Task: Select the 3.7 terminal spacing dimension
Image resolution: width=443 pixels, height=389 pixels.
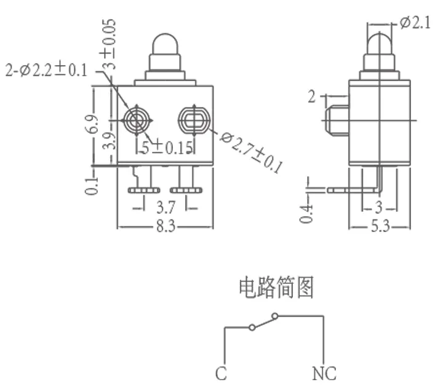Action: point(164,206)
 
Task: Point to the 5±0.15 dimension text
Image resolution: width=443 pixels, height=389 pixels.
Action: point(167,147)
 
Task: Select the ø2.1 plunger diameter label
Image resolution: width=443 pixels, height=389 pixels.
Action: point(415,23)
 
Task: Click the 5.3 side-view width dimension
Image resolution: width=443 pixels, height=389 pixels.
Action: point(380,227)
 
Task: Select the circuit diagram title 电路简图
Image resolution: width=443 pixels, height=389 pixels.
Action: point(276,287)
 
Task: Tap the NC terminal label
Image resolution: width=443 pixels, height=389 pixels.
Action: point(324,373)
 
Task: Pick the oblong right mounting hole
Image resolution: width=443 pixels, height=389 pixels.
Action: point(194,119)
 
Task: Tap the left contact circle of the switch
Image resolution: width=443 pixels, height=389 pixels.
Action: point(252,328)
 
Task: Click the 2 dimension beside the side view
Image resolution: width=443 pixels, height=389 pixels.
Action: point(312,96)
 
